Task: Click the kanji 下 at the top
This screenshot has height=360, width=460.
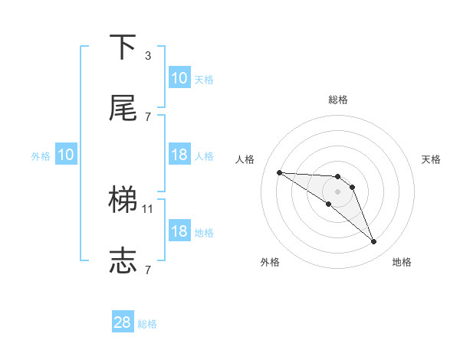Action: pyautogui.click(x=123, y=47)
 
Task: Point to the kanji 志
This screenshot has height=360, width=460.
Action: pyautogui.click(x=123, y=261)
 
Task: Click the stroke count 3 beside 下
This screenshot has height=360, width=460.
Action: pyautogui.click(x=147, y=55)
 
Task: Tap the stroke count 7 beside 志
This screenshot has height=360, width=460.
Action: pyautogui.click(x=147, y=270)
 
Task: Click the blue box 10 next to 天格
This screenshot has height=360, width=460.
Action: pyautogui.click(x=179, y=78)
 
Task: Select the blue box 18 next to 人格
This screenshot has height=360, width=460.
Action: pyautogui.click(x=179, y=155)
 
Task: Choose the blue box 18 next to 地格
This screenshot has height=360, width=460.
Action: pyautogui.click(x=179, y=231)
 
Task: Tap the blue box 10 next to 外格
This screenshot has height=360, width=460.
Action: pyautogui.click(x=65, y=155)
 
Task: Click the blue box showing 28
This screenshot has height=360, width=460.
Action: pyautogui.click(x=123, y=322)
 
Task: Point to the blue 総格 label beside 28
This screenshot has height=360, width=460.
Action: pyautogui.click(x=148, y=324)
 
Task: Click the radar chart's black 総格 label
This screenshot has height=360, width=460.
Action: pyautogui.click(x=338, y=100)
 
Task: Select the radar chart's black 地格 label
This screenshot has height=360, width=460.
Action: pyautogui.click(x=402, y=262)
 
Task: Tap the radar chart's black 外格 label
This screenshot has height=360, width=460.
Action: pyautogui.click(x=270, y=262)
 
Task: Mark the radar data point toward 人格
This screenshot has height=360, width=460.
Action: pyautogui.click(x=279, y=172)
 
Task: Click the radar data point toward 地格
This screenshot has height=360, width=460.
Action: pyautogui.click(x=374, y=242)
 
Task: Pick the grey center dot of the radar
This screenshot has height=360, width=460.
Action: pyautogui.click(x=338, y=191)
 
